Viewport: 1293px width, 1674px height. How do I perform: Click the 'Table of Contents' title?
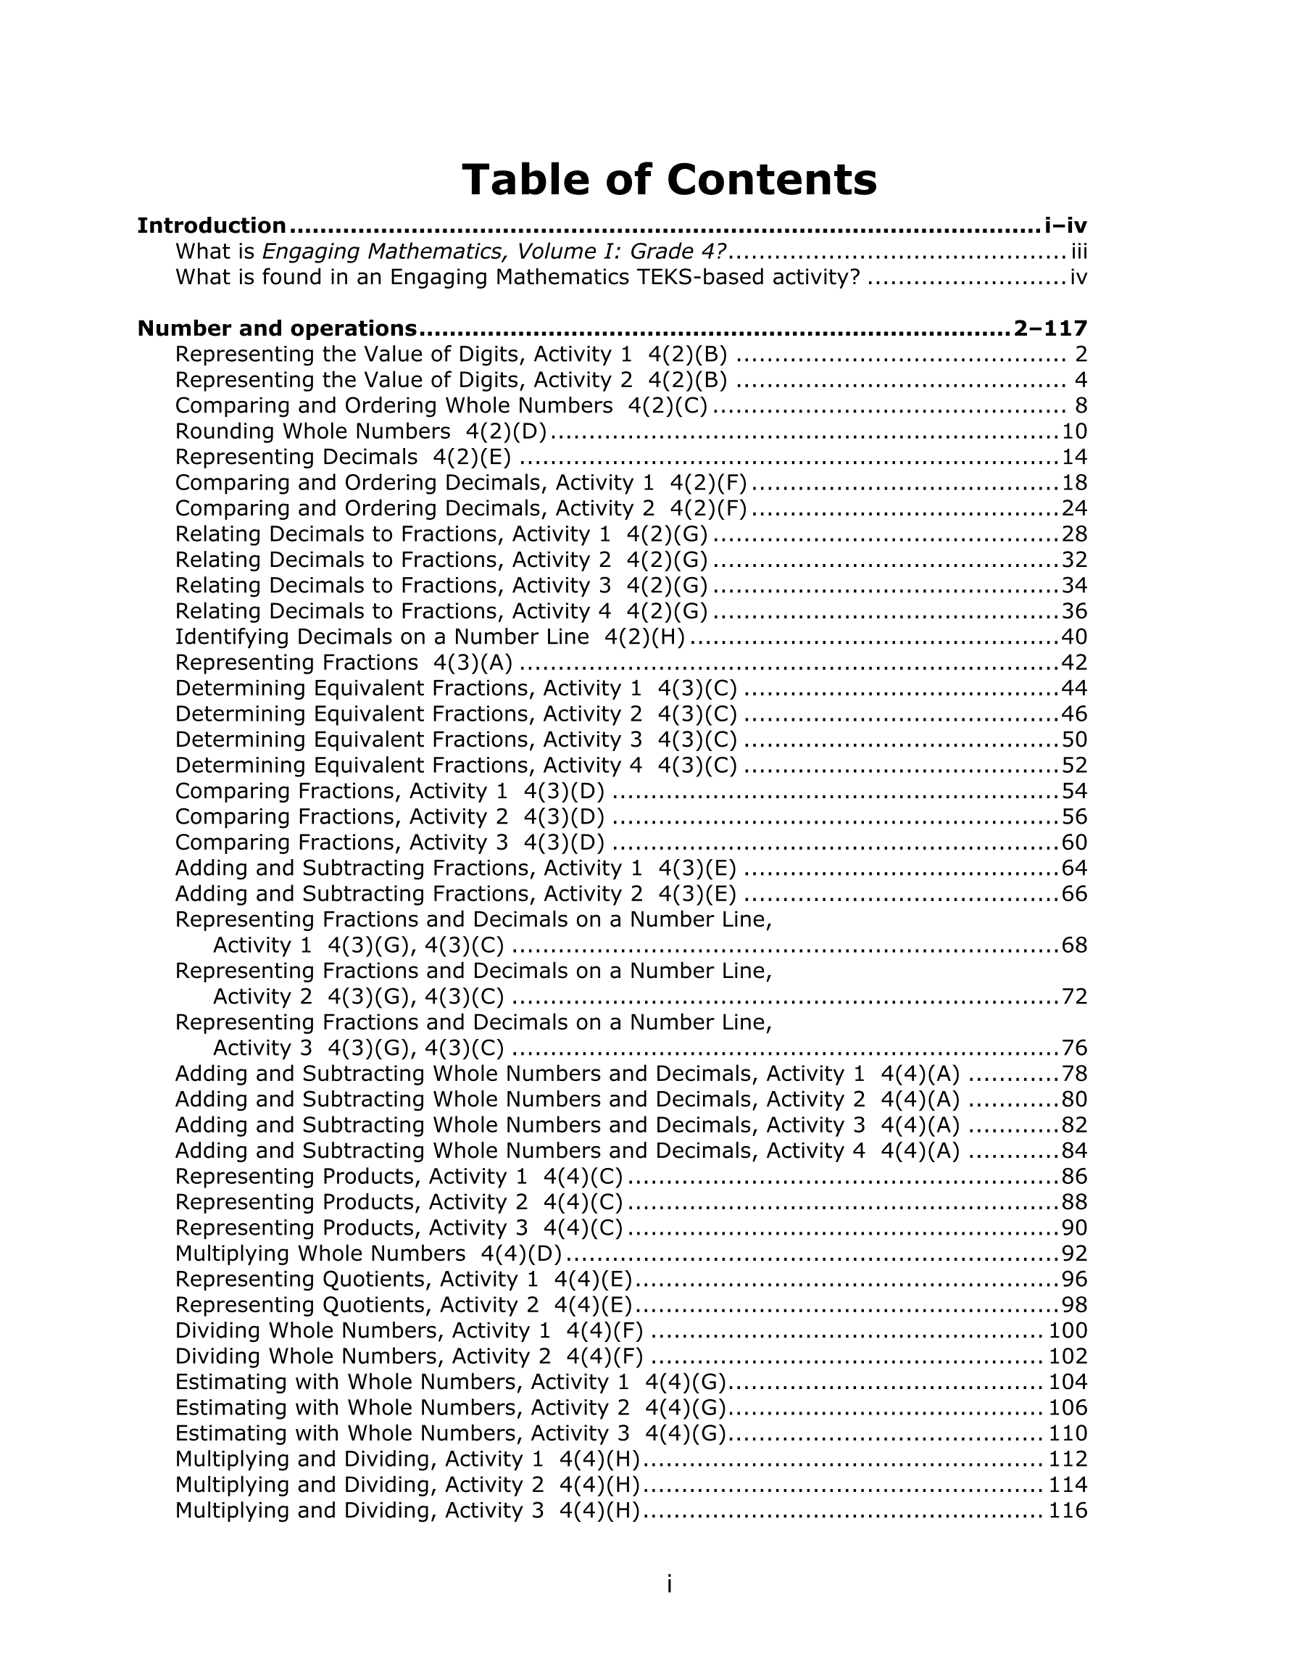coord(668,180)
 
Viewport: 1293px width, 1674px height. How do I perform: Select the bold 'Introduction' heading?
coord(212,225)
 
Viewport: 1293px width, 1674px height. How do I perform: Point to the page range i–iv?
coord(1065,225)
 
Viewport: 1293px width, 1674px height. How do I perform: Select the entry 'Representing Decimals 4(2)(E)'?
coord(343,457)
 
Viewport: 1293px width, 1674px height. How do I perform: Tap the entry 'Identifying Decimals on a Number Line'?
coord(429,637)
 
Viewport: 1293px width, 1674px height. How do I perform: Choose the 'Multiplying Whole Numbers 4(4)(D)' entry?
coord(368,1254)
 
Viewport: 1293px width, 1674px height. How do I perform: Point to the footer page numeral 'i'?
coord(669,1583)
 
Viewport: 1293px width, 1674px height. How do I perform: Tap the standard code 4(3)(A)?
coord(472,662)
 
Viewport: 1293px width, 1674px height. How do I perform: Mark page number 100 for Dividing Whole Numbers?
coord(1068,1330)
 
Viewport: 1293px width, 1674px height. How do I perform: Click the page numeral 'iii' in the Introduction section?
coord(1078,252)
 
